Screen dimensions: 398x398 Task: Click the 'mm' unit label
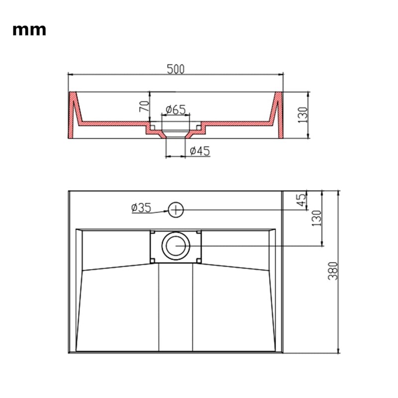29,30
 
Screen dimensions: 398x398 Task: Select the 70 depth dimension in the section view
144,106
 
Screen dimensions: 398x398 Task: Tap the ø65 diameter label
174,109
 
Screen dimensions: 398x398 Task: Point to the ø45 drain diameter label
199,151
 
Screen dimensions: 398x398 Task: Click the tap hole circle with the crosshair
176,209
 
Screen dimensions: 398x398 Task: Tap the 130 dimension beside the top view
316,218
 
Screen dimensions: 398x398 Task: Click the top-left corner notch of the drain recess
154,232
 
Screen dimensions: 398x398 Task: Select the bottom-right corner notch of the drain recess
198,260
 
